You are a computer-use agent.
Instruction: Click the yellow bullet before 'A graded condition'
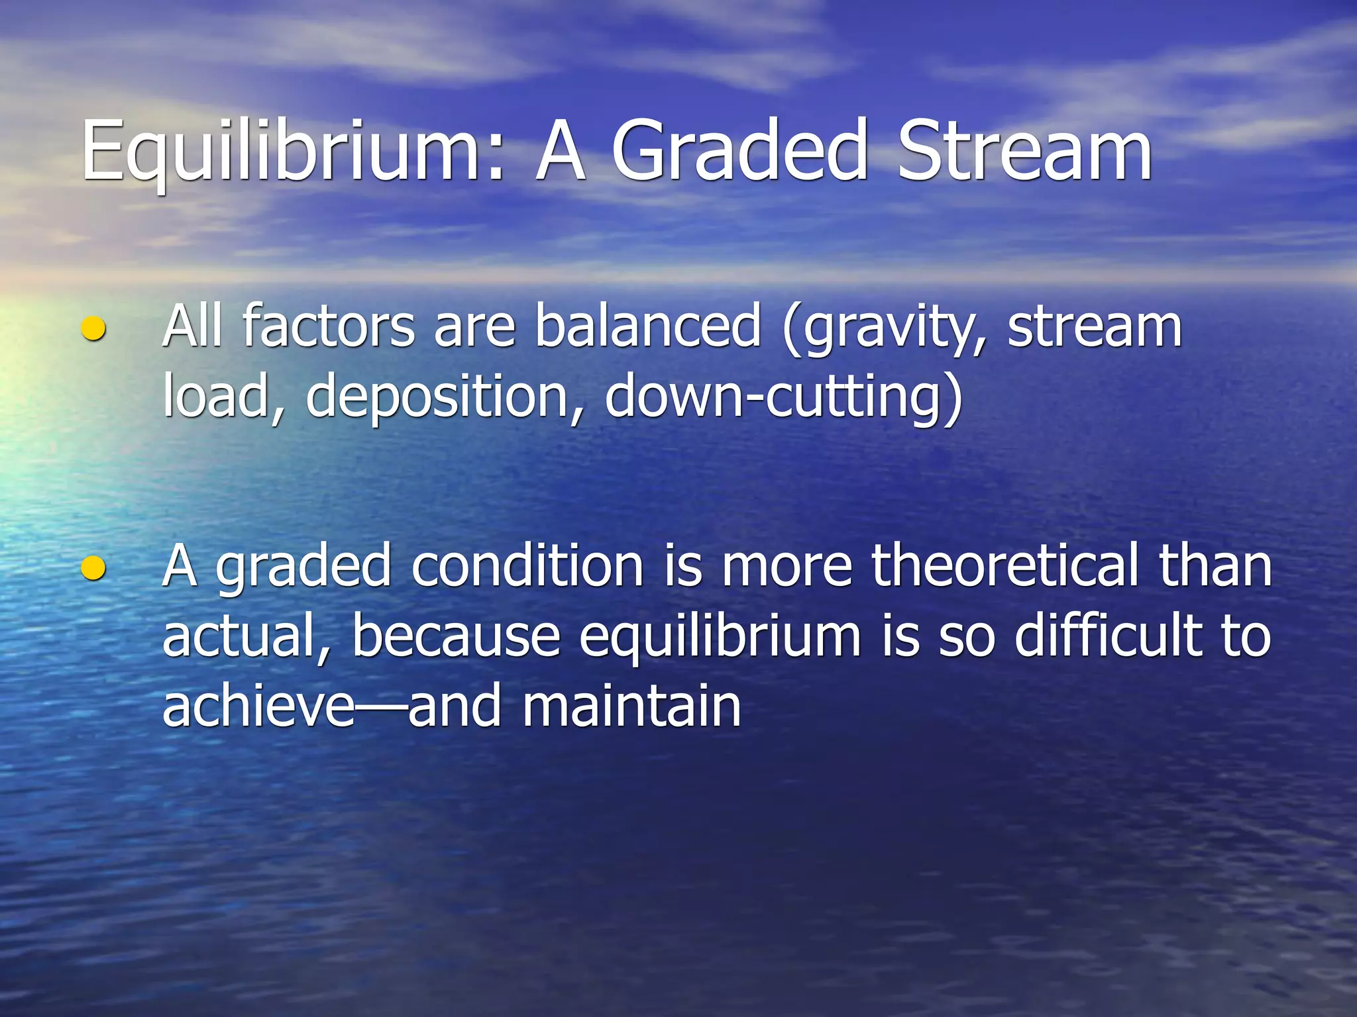click(93, 568)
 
